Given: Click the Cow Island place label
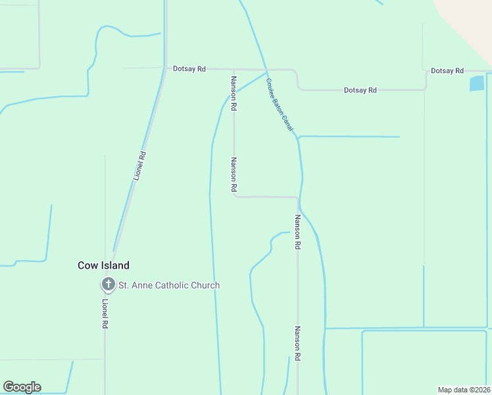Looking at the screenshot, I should point(103,265).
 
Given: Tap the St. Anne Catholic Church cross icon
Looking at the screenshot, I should point(107,285).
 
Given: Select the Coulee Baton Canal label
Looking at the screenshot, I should point(280,105).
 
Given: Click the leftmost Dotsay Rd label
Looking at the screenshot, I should point(189,68).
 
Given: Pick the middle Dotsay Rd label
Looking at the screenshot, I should point(360,90).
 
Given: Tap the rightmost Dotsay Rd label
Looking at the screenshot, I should point(447,70).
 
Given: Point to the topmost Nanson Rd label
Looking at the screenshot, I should point(233,92).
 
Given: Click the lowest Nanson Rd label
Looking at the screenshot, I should point(297,343).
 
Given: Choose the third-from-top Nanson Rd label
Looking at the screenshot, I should point(297,232).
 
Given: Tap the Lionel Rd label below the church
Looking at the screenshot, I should point(105,314).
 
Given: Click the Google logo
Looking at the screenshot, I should point(22,387).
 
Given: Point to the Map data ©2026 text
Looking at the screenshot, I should point(464,389).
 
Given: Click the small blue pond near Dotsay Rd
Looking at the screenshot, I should point(476,84).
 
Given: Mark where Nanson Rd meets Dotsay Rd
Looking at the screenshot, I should point(234,68).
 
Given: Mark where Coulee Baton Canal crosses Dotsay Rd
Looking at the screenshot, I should point(266,69).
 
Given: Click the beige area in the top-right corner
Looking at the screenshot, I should point(470,16).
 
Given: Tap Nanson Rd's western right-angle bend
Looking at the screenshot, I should point(234,196).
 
